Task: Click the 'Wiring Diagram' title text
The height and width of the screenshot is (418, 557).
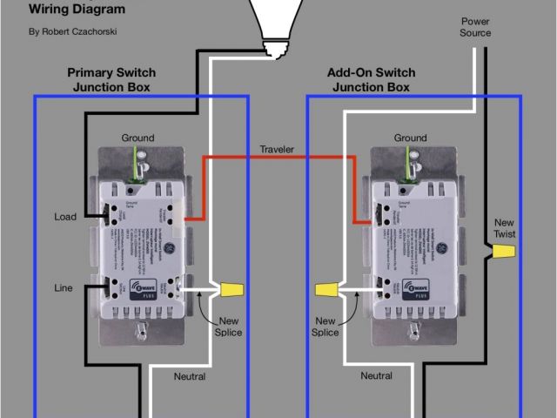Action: (77, 10)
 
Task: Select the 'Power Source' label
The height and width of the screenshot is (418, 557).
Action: (475, 27)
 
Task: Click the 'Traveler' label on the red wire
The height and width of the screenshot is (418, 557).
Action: (277, 150)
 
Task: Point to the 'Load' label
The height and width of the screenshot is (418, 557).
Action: (64, 217)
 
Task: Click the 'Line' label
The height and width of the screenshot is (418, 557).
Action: (64, 287)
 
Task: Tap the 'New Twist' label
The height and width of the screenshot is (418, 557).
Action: (505, 229)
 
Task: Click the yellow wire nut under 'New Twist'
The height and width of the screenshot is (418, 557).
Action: (501, 253)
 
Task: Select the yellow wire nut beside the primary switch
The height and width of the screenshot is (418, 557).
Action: (231, 288)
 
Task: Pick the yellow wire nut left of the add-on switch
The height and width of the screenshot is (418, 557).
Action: (326, 288)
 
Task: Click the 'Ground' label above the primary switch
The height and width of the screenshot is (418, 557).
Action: (138, 138)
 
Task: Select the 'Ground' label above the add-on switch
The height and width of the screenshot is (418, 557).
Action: (410, 138)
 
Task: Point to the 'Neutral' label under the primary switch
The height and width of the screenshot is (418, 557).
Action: (189, 376)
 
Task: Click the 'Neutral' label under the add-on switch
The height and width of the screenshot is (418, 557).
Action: (376, 376)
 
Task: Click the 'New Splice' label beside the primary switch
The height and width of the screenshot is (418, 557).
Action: (228, 327)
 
